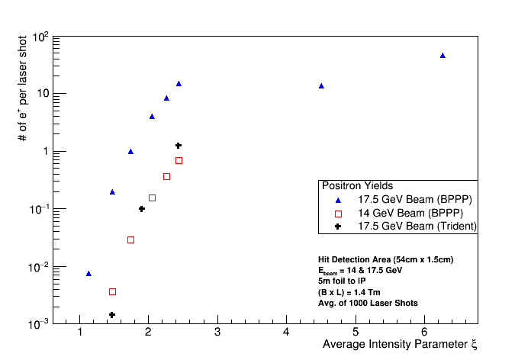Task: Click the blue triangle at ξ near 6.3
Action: pyautogui.click(x=443, y=56)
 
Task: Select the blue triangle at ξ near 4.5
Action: pyautogui.click(x=321, y=86)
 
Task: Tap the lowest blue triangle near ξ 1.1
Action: pyautogui.click(x=88, y=273)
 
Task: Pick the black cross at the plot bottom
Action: pyautogui.click(x=111, y=315)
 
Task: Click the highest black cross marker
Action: pyautogui.click(x=178, y=146)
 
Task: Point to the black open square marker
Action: pyautogui.click(x=152, y=198)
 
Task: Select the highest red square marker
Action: pyautogui.click(x=179, y=160)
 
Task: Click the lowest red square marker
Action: pyautogui.click(x=112, y=291)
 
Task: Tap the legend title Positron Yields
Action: pyautogui.click(x=357, y=185)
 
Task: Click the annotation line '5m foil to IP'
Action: pyautogui.click(x=341, y=281)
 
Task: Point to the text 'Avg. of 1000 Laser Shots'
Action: pyautogui.click(x=368, y=303)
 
